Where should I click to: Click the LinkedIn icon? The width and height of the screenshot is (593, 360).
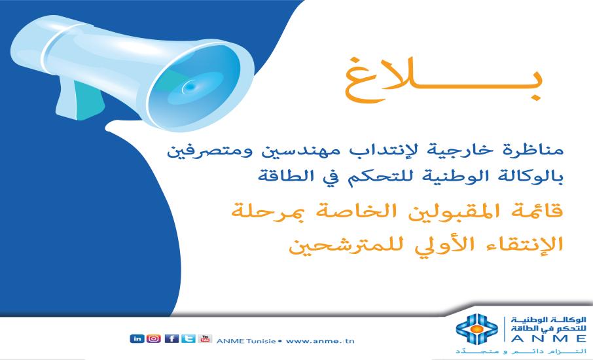point(137,338)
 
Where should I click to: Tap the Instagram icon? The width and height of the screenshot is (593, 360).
point(153,338)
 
